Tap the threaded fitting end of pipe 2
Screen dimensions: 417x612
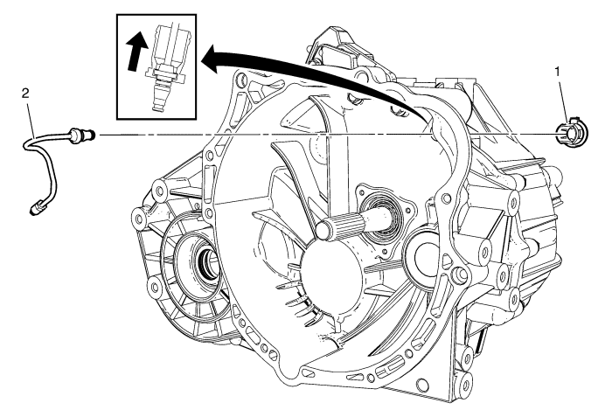pyautogui.click(x=85, y=135)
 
